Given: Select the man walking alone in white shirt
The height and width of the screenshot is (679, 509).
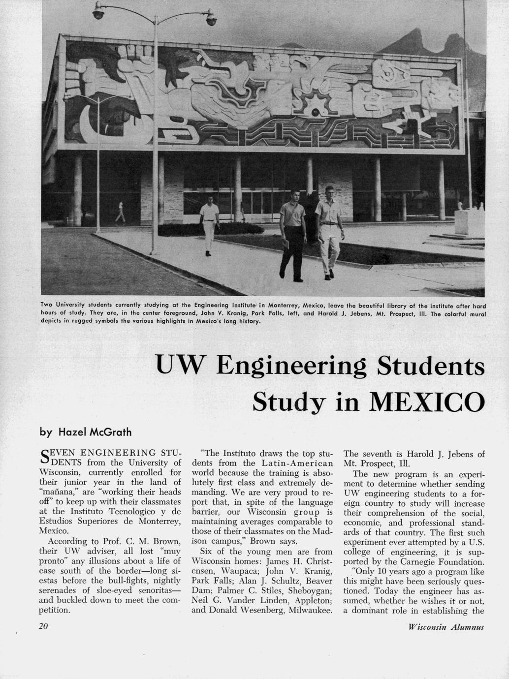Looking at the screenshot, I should pos(210,224).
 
